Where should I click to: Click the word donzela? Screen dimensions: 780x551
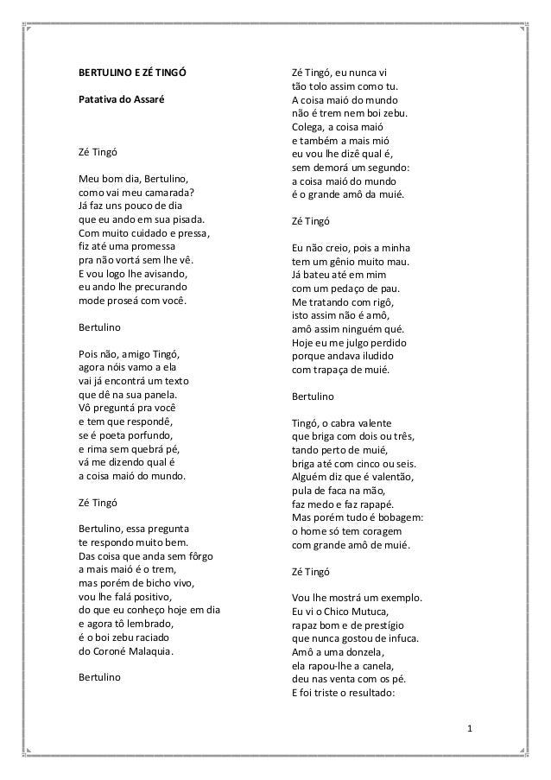(358, 652)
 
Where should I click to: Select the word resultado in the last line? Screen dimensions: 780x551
(366, 692)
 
